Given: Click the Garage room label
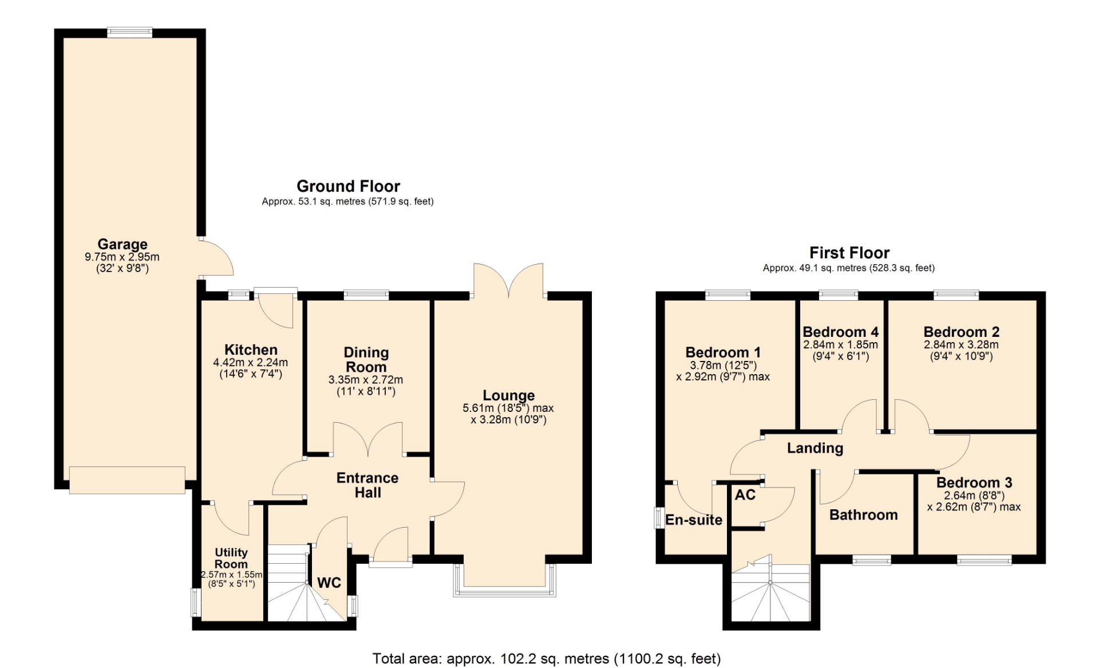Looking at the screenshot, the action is coord(122,245).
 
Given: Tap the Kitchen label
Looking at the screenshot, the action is coord(251,349).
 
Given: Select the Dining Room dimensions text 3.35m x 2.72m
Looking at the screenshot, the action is coord(366,380).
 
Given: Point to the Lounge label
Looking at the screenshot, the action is coord(508,395).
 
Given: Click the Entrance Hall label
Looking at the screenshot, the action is coord(367,485).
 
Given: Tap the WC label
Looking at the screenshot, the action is coord(329,583).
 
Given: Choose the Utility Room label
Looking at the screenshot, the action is coord(231,558).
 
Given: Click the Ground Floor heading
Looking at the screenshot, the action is coord(348,186).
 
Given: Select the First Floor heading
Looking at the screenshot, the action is coord(849,253).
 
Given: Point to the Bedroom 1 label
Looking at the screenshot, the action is coord(723,352).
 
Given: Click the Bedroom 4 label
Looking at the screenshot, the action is coord(840,332).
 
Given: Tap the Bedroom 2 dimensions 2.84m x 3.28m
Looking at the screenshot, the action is coord(961,345).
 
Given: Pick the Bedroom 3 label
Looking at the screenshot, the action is coord(974,482).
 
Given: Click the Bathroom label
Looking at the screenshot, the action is coord(863,514).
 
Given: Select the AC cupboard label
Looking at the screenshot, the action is coord(745,494).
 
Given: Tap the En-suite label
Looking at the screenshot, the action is coord(694,520).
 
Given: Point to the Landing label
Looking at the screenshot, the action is coord(815,448).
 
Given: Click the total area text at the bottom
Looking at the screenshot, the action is coord(547,659).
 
